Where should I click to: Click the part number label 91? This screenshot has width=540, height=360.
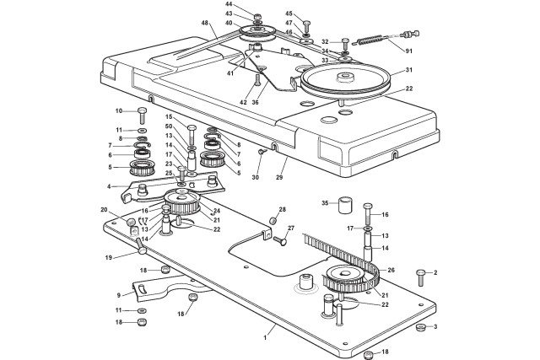(408, 51)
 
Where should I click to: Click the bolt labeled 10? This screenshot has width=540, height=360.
(143, 116)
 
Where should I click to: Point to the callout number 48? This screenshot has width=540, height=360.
(205, 23)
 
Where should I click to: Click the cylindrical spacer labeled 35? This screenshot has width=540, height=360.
(345, 205)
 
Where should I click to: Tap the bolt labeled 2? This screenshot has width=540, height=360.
(420, 277)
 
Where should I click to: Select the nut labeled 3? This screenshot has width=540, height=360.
(420, 327)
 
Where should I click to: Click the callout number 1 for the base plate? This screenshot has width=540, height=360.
(265, 337)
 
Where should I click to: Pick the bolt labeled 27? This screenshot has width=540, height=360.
(280, 240)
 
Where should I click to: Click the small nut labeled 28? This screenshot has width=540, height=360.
(273, 220)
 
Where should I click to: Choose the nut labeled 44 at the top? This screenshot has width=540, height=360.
(257, 17)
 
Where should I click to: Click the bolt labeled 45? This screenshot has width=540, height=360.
(307, 26)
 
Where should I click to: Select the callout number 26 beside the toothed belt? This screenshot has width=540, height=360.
(391, 270)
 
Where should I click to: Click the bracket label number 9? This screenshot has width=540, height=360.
(119, 295)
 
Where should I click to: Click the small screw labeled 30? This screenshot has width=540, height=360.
(262, 152)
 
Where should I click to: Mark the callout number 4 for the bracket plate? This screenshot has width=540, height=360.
(109, 187)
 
